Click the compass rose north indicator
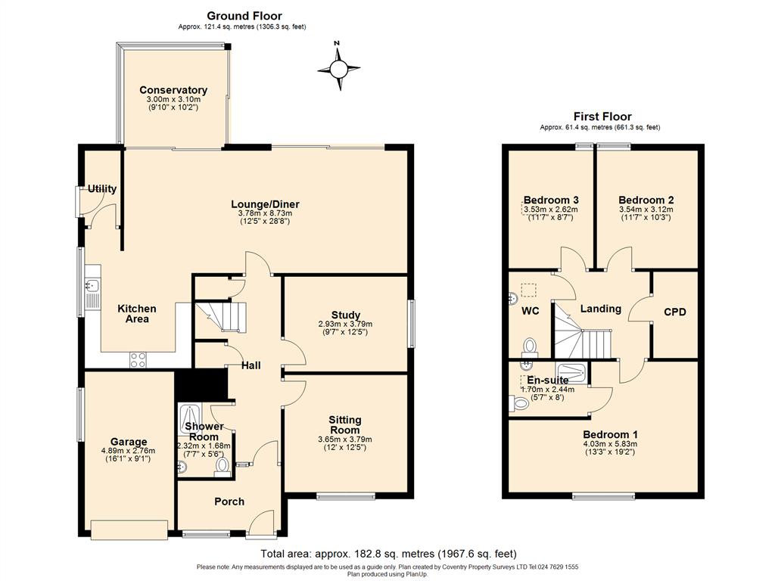(338, 67)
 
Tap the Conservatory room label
(173, 90)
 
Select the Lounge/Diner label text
(265, 204)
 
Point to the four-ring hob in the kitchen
(139, 360)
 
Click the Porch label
(229, 501)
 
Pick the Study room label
(345, 315)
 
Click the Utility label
(101, 188)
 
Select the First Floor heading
(602, 117)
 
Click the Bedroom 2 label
(646, 200)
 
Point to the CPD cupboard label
(674, 312)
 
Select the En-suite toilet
(520, 404)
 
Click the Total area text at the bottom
(388, 554)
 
